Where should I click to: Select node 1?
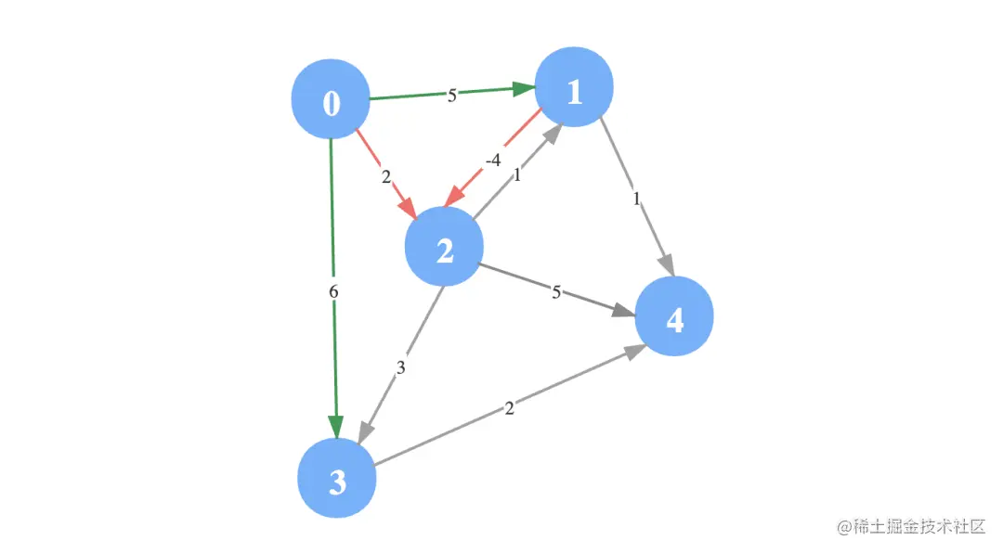tap(574, 90)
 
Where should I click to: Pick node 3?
tap(336, 481)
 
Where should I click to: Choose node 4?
tap(674, 319)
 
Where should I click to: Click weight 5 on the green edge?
tap(452, 95)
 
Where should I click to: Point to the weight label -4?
tap(493, 160)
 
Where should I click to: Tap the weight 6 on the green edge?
tap(333, 291)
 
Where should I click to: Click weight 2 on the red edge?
tap(385, 175)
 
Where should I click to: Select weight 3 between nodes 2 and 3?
tap(400, 367)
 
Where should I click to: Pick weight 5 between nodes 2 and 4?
tap(556, 293)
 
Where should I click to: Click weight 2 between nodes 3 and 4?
tap(509, 407)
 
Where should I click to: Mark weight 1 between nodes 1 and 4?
tap(636, 198)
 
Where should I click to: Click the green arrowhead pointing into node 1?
tap(523, 89)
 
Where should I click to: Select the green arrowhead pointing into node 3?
tap(335, 425)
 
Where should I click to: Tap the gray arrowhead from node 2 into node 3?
tap(365, 431)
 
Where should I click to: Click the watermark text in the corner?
tap(910, 526)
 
